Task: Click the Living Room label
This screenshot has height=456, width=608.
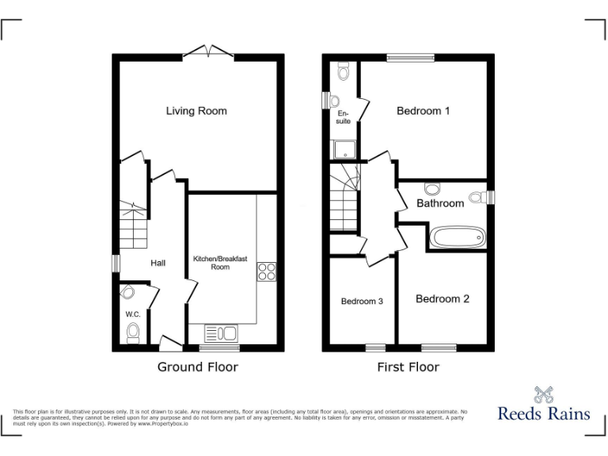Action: pos(196,111)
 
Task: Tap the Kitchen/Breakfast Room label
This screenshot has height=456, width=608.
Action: pos(220,263)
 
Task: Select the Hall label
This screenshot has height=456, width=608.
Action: pos(158,263)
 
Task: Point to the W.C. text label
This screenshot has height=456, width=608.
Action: pos(132,314)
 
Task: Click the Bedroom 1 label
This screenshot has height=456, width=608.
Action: pos(423,111)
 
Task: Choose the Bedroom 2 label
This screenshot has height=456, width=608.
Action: pos(443,298)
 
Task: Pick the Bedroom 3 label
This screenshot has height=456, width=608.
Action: pos(362,301)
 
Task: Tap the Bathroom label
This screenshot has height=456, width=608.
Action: pos(440,203)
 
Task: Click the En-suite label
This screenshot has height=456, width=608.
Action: pos(344,117)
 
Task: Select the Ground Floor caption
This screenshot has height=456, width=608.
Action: pos(197,367)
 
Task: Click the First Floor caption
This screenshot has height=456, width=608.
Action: pos(408,367)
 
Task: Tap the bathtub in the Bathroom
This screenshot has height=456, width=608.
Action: pos(456,237)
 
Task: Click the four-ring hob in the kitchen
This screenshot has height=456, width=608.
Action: pos(266,272)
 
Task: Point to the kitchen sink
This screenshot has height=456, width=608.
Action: pos(221,332)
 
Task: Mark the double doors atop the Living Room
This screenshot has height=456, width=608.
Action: pos(208,52)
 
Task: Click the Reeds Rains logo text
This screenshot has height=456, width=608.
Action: pos(543,412)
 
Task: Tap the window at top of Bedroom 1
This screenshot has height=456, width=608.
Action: pos(410,57)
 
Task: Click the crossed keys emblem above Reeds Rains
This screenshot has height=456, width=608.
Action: pos(543,393)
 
